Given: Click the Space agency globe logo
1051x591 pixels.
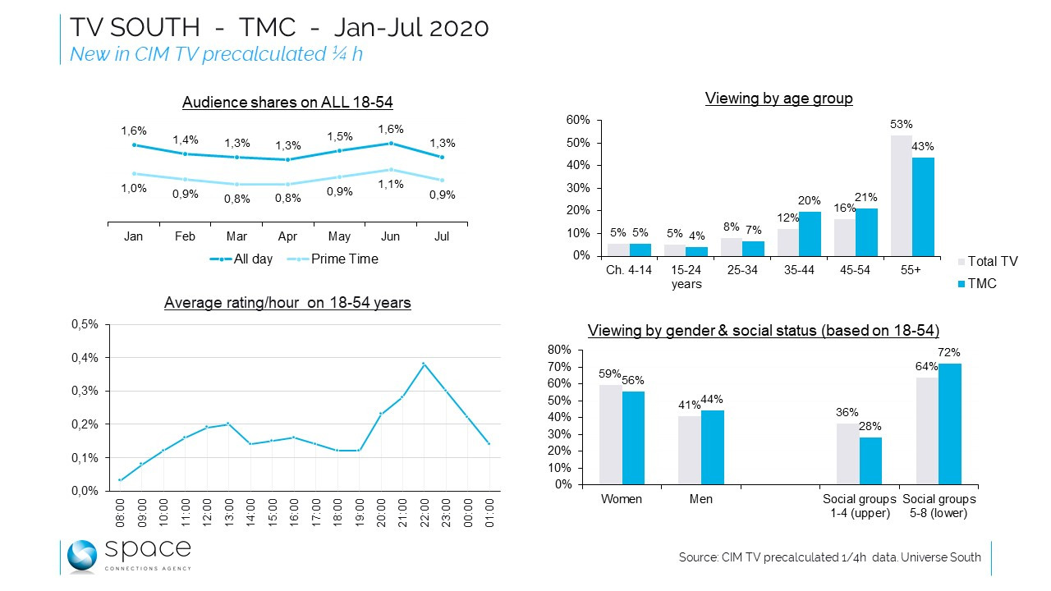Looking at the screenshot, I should click(x=82, y=557).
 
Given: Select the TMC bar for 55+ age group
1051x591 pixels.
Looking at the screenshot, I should click(x=923, y=206).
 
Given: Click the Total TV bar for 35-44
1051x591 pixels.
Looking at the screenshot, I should click(x=788, y=241).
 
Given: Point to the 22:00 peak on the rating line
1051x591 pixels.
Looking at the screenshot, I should click(x=423, y=364).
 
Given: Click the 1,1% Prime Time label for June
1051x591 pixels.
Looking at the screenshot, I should click(x=391, y=184).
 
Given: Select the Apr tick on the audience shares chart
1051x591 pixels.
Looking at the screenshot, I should click(x=287, y=236).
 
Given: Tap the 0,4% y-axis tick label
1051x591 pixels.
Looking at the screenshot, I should click(x=86, y=358).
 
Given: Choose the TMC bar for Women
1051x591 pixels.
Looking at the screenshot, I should click(x=633, y=438).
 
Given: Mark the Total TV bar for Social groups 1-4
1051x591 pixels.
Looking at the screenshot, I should click(x=847, y=454).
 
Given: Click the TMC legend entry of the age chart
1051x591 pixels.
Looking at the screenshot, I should click(x=981, y=284).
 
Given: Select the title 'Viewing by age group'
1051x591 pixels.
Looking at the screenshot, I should click(x=778, y=98).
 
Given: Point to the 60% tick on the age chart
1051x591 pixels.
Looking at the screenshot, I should click(x=578, y=120).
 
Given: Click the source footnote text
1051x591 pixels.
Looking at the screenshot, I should click(x=829, y=557).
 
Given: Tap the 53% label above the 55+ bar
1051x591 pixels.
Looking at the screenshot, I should click(x=902, y=124).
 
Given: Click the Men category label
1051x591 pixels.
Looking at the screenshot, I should click(x=701, y=499).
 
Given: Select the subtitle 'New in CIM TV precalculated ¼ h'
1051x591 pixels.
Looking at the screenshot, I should click(x=216, y=54).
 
